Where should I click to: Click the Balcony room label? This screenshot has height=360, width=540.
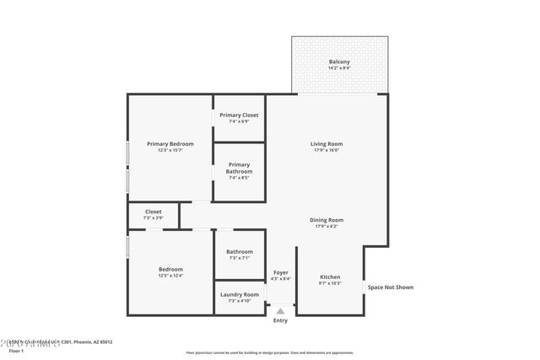click(x=339, y=62)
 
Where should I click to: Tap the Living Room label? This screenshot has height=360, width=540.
click(x=327, y=144)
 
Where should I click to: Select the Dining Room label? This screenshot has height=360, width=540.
click(x=328, y=220)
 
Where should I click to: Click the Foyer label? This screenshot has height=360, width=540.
click(x=281, y=272)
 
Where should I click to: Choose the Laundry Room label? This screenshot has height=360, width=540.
click(x=239, y=294)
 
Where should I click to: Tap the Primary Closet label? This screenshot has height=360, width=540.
click(x=239, y=115)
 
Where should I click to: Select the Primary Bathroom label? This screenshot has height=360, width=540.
click(x=239, y=168)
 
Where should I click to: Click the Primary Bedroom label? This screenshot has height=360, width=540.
click(x=170, y=144)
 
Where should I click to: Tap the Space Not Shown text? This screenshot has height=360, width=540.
click(x=390, y=287)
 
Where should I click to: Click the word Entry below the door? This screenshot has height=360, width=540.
click(x=280, y=320)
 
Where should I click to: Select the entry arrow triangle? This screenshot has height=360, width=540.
click(x=280, y=311)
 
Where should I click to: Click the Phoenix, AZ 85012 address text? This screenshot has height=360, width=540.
click(x=91, y=341)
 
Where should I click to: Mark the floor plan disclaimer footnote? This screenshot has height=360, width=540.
click(x=269, y=351)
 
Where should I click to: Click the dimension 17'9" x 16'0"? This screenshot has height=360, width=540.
click(x=327, y=151)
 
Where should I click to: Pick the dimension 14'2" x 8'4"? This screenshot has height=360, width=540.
click(x=339, y=67)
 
